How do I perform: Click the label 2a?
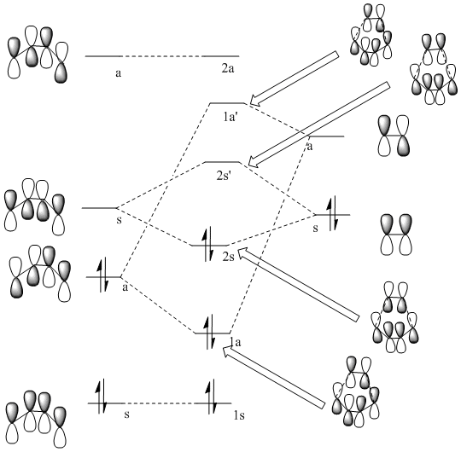coord(228,68)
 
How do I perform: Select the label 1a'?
coord(230,117)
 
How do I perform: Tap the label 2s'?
coord(224,176)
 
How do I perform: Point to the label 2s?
coord(229,257)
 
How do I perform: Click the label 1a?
coord(236,342)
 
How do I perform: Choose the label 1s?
coord(239,415)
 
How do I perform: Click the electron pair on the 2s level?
coord(208,244)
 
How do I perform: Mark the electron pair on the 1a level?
coord(211,332)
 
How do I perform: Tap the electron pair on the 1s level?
coord(212,397)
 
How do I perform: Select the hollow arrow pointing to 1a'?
coord(294,78)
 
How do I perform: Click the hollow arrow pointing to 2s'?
coord(319,125)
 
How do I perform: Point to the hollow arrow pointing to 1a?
coord(274,377)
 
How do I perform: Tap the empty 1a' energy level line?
coord(227,103)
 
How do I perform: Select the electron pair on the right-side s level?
coord(333,213)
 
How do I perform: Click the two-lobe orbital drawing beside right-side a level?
coord(394,136)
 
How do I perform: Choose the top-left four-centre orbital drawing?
coord(38,54)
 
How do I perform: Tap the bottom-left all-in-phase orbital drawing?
coord(36,419)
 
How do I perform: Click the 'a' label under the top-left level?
coord(118,73)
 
